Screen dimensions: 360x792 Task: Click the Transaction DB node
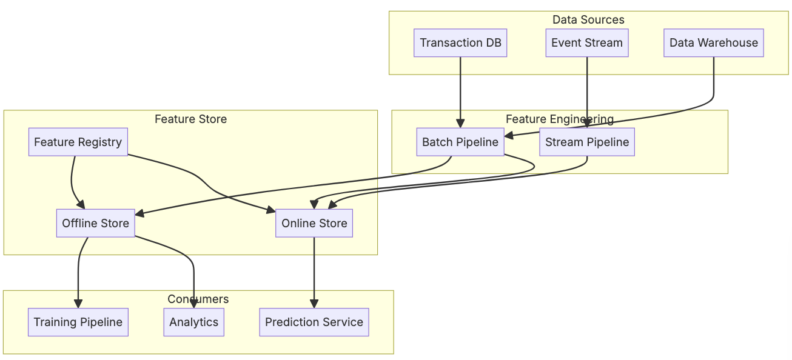[460, 43]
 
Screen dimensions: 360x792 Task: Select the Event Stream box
[586, 43]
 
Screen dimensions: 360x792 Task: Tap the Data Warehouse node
[713, 43]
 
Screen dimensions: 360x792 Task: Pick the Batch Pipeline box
[460, 142]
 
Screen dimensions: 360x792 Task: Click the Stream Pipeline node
[586, 142]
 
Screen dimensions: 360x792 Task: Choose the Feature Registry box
[78, 142]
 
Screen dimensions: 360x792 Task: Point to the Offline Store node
[95, 223]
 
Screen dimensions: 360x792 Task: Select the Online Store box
[314, 223]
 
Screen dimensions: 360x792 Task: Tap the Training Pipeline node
[78, 322]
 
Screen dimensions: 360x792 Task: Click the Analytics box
[193, 322]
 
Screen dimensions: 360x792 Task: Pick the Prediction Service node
[314, 322]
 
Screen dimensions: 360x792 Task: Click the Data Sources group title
[588, 20]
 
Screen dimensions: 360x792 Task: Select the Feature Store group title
[190, 119]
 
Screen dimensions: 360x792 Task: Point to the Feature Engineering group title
[559, 119]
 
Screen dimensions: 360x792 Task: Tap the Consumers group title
[198, 299]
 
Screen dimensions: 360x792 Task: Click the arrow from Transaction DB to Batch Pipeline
[460, 91]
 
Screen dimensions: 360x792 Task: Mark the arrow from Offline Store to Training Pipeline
[78, 273]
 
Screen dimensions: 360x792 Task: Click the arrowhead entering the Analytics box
[194, 304]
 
